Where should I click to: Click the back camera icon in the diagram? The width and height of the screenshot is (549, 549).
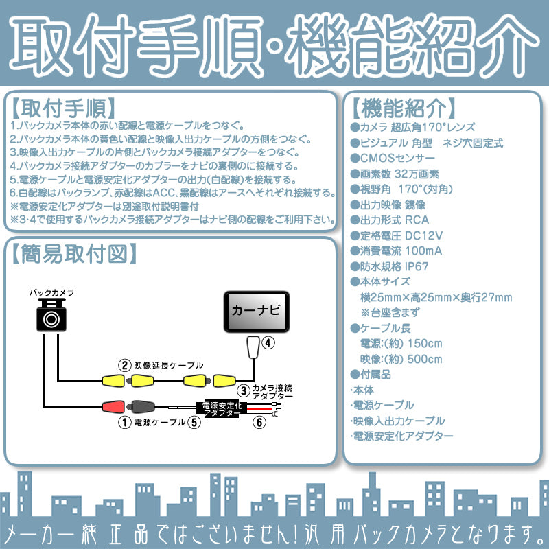(x=52, y=317)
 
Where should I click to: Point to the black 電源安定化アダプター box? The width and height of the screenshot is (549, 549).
(x=221, y=409)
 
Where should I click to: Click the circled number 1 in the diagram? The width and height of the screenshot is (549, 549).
(x=124, y=423)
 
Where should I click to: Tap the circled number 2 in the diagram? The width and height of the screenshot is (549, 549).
(x=124, y=365)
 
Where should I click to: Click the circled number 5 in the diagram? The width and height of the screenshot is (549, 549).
(x=195, y=423)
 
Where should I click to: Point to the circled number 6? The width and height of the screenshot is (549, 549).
(x=259, y=423)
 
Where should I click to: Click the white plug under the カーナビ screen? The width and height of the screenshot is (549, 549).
(x=253, y=347)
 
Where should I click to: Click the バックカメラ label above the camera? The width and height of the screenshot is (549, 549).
(x=51, y=292)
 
